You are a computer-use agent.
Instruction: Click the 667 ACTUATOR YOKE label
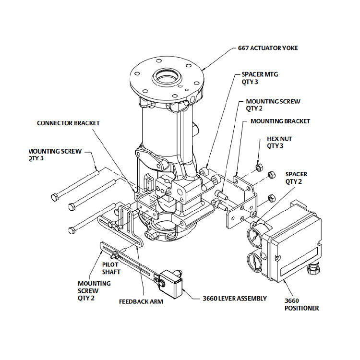pos(268,48)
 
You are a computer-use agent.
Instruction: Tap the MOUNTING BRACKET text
pos(280,121)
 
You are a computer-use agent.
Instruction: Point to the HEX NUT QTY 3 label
pos(279,142)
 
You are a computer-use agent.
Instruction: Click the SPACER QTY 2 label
pos(296,178)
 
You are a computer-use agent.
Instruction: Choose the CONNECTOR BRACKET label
pos(68,123)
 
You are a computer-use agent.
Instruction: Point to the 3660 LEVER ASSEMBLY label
pos(235,298)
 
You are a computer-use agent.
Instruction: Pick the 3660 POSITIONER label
pos(301,304)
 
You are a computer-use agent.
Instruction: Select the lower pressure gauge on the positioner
pos(254,264)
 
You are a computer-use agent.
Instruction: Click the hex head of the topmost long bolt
pos(56,197)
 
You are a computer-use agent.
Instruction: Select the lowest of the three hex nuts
pos(270,197)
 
